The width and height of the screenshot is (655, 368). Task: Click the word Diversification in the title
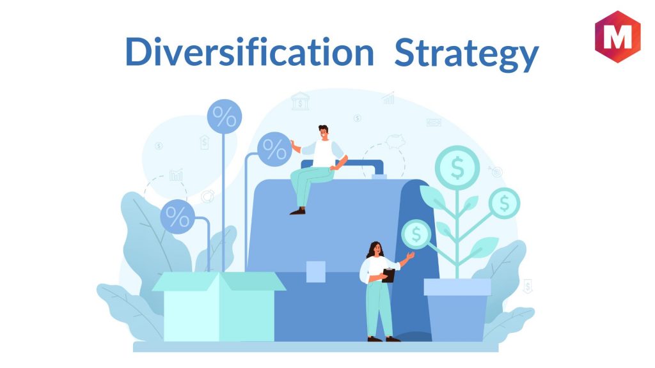coord(249,52)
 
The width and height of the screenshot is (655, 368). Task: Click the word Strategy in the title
coord(466,54)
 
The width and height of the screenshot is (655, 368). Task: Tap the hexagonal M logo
coord(617,36)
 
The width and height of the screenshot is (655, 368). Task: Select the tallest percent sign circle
coord(225,116)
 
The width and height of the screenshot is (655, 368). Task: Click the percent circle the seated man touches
coord(274,149)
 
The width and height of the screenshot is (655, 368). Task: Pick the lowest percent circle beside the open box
coord(178,217)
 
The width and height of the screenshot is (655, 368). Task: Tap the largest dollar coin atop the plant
coord(457,168)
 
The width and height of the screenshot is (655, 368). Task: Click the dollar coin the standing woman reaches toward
coord(416,234)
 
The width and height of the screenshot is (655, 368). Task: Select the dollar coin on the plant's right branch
coord(504,203)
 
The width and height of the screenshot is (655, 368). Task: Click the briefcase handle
coord(343,166)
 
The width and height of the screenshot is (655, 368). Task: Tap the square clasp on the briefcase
coord(316,272)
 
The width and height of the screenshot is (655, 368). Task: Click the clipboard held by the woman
coord(388,275)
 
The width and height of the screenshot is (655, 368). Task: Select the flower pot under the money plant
coord(457,310)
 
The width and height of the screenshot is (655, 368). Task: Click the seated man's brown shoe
coord(298,211)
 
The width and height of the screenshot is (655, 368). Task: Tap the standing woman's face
coord(377,250)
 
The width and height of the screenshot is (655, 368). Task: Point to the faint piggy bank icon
coord(395,141)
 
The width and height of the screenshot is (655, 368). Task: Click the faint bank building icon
coord(301,101)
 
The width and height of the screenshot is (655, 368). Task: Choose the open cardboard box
coord(219,306)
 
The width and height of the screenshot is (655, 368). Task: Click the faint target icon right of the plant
coord(496,171)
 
